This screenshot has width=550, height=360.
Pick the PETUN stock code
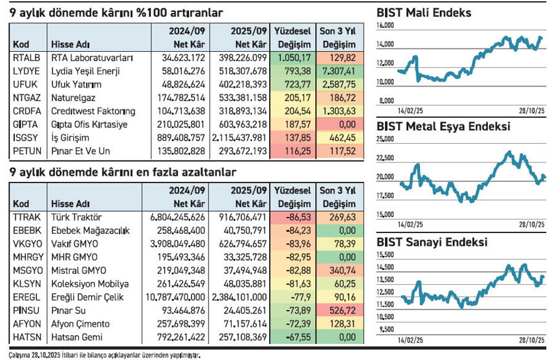26,151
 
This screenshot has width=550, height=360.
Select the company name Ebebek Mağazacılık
91,230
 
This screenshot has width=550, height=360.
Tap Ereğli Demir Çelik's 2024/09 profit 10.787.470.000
168,297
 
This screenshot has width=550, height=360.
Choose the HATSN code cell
25,337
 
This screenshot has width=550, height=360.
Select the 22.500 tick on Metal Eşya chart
385,157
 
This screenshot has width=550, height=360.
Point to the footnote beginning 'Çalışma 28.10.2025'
104,355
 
